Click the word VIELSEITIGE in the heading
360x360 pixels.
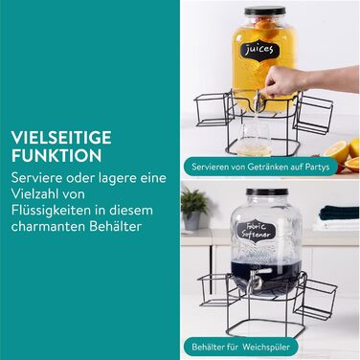pos(61,138)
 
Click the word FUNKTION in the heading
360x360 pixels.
pos(56,156)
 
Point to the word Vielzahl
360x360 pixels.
pos(34,193)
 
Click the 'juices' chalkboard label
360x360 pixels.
pos(259,51)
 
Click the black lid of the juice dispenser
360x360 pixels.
pos(265,11)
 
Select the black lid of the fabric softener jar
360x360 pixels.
pos(267,192)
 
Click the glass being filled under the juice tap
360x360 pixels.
pos(255,138)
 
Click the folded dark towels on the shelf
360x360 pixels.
pos(339,213)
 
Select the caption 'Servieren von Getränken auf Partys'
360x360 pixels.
pos(260,167)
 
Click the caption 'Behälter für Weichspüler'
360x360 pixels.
pos(241,347)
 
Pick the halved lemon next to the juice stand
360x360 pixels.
pos(337,151)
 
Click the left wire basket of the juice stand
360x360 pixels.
pos(213,109)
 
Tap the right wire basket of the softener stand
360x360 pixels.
pos(315,299)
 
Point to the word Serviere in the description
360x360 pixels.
pos(35,177)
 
